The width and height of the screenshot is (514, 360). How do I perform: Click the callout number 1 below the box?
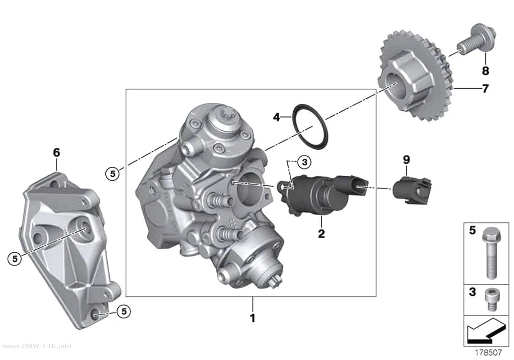(x=253, y=318)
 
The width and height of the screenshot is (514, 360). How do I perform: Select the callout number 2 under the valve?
(x=321, y=234)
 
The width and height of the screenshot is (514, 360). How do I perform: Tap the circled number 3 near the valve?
(x=304, y=162)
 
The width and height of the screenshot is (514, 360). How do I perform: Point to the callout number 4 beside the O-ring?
(x=277, y=117)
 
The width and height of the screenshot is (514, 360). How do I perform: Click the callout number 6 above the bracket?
(x=56, y=152)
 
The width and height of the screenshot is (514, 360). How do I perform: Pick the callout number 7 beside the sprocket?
(x=485, y=88)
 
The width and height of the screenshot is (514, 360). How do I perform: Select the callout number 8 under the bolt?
(x=485, y=71)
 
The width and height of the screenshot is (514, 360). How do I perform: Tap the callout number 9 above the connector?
(x=406, y=160)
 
